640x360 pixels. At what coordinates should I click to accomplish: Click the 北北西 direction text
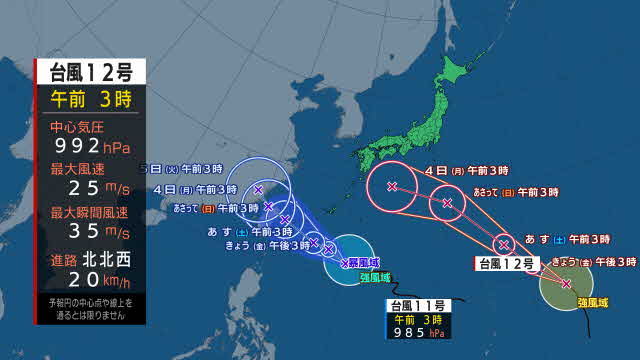tap(106, 260)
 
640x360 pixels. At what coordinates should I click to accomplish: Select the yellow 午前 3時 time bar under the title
tap(91, 97)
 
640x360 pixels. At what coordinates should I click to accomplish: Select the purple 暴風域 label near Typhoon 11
tap(365, 262)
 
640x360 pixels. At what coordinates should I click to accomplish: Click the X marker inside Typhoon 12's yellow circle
tap(566, 284)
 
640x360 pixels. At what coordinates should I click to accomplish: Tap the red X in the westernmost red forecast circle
tap(392, 186)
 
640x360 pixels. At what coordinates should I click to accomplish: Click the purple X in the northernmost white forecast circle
tap(258, 189)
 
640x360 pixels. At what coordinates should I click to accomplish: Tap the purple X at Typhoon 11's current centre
tap(345, 263)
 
